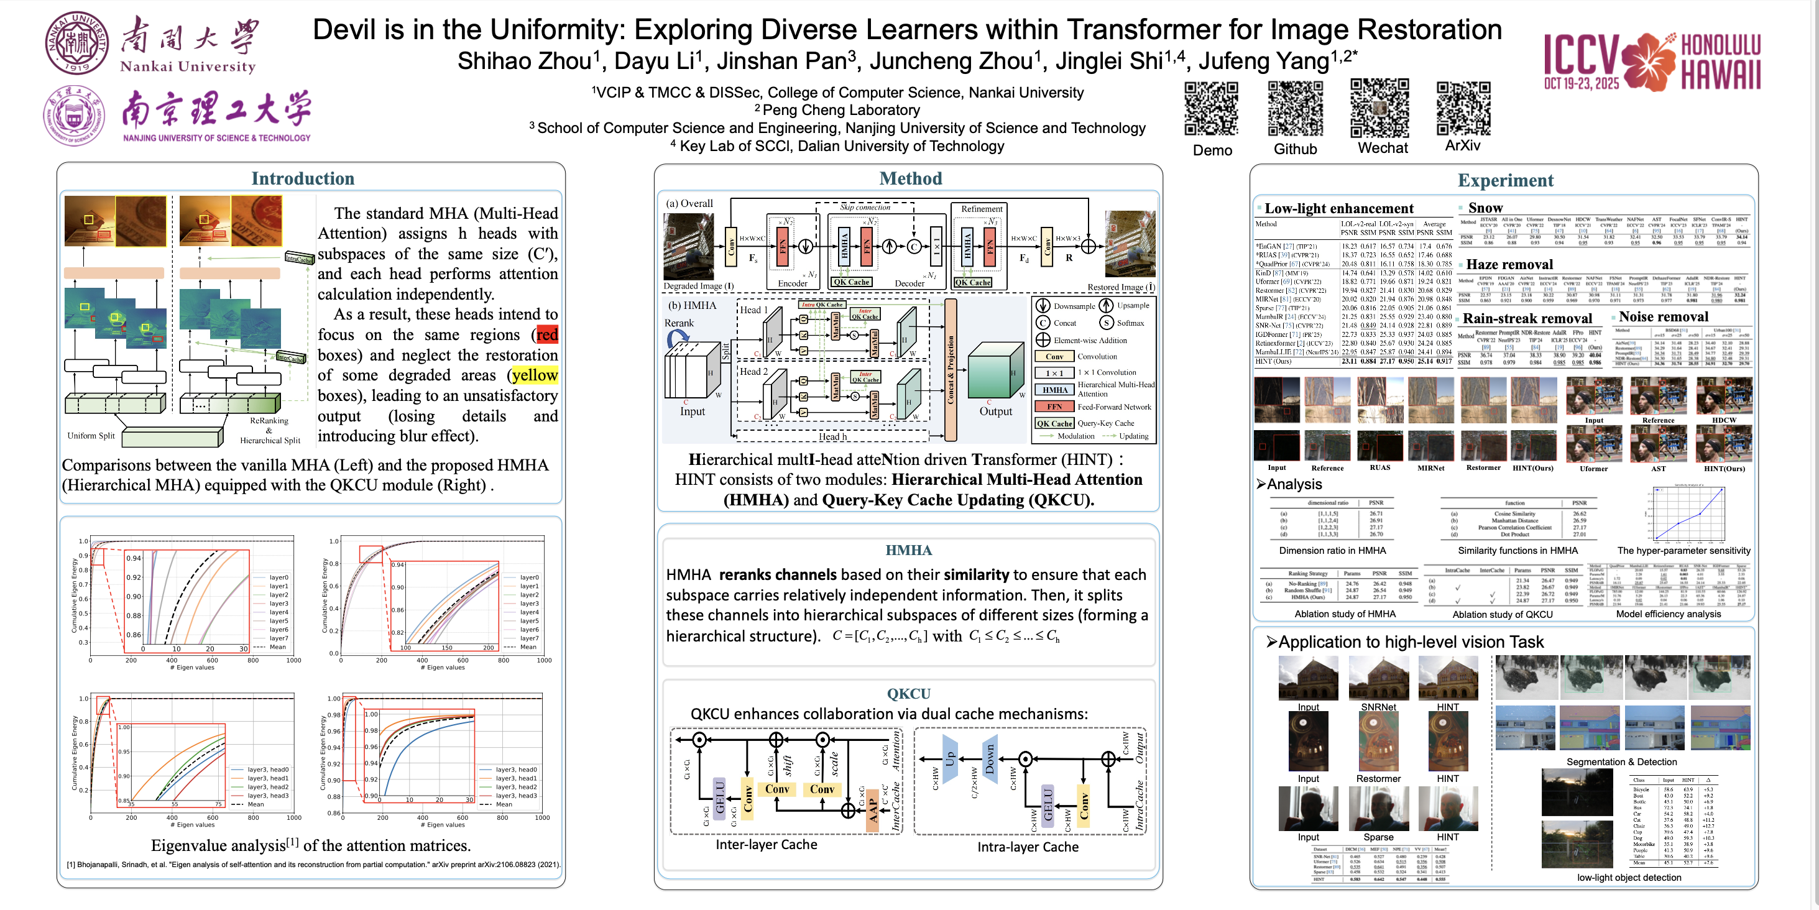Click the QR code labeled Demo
click(x=1211, y=108)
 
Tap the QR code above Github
click(x=1295, y=108)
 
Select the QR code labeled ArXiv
click(x=1463, y=108)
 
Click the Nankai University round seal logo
click(x=77, y=42)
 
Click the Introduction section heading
click(x=303, y=178)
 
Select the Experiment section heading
click(x=1506, y=181)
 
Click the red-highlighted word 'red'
click(x=546, y=334)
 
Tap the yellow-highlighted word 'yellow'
click(x=535, y=375)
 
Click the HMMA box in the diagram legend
click(x=1055, y=390)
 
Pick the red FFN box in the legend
click(x=1054, y=407)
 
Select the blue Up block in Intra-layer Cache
click(x=950, y=758)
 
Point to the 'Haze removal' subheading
click(x=1509, y=265)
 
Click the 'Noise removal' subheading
click(x=1663, y=317)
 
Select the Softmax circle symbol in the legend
click(x=1107, y=323)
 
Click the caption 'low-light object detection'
click(x=1629, y=878)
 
